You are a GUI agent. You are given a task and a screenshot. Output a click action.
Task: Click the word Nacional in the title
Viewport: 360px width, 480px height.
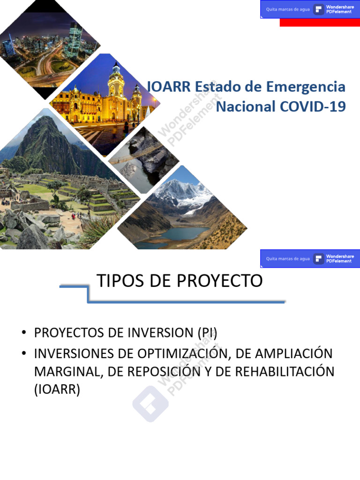click(x=246, y=106)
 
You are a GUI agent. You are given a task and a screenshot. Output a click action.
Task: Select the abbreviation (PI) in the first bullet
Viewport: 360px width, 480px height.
click(x=206, y=333)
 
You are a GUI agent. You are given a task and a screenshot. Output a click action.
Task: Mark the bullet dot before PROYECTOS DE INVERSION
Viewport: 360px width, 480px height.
click(x=23, y=333)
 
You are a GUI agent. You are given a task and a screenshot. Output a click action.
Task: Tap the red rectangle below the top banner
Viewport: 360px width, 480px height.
click(x=320, y=22)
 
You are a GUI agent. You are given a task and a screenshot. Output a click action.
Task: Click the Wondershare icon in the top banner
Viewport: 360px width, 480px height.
click(x=319, y=9)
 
